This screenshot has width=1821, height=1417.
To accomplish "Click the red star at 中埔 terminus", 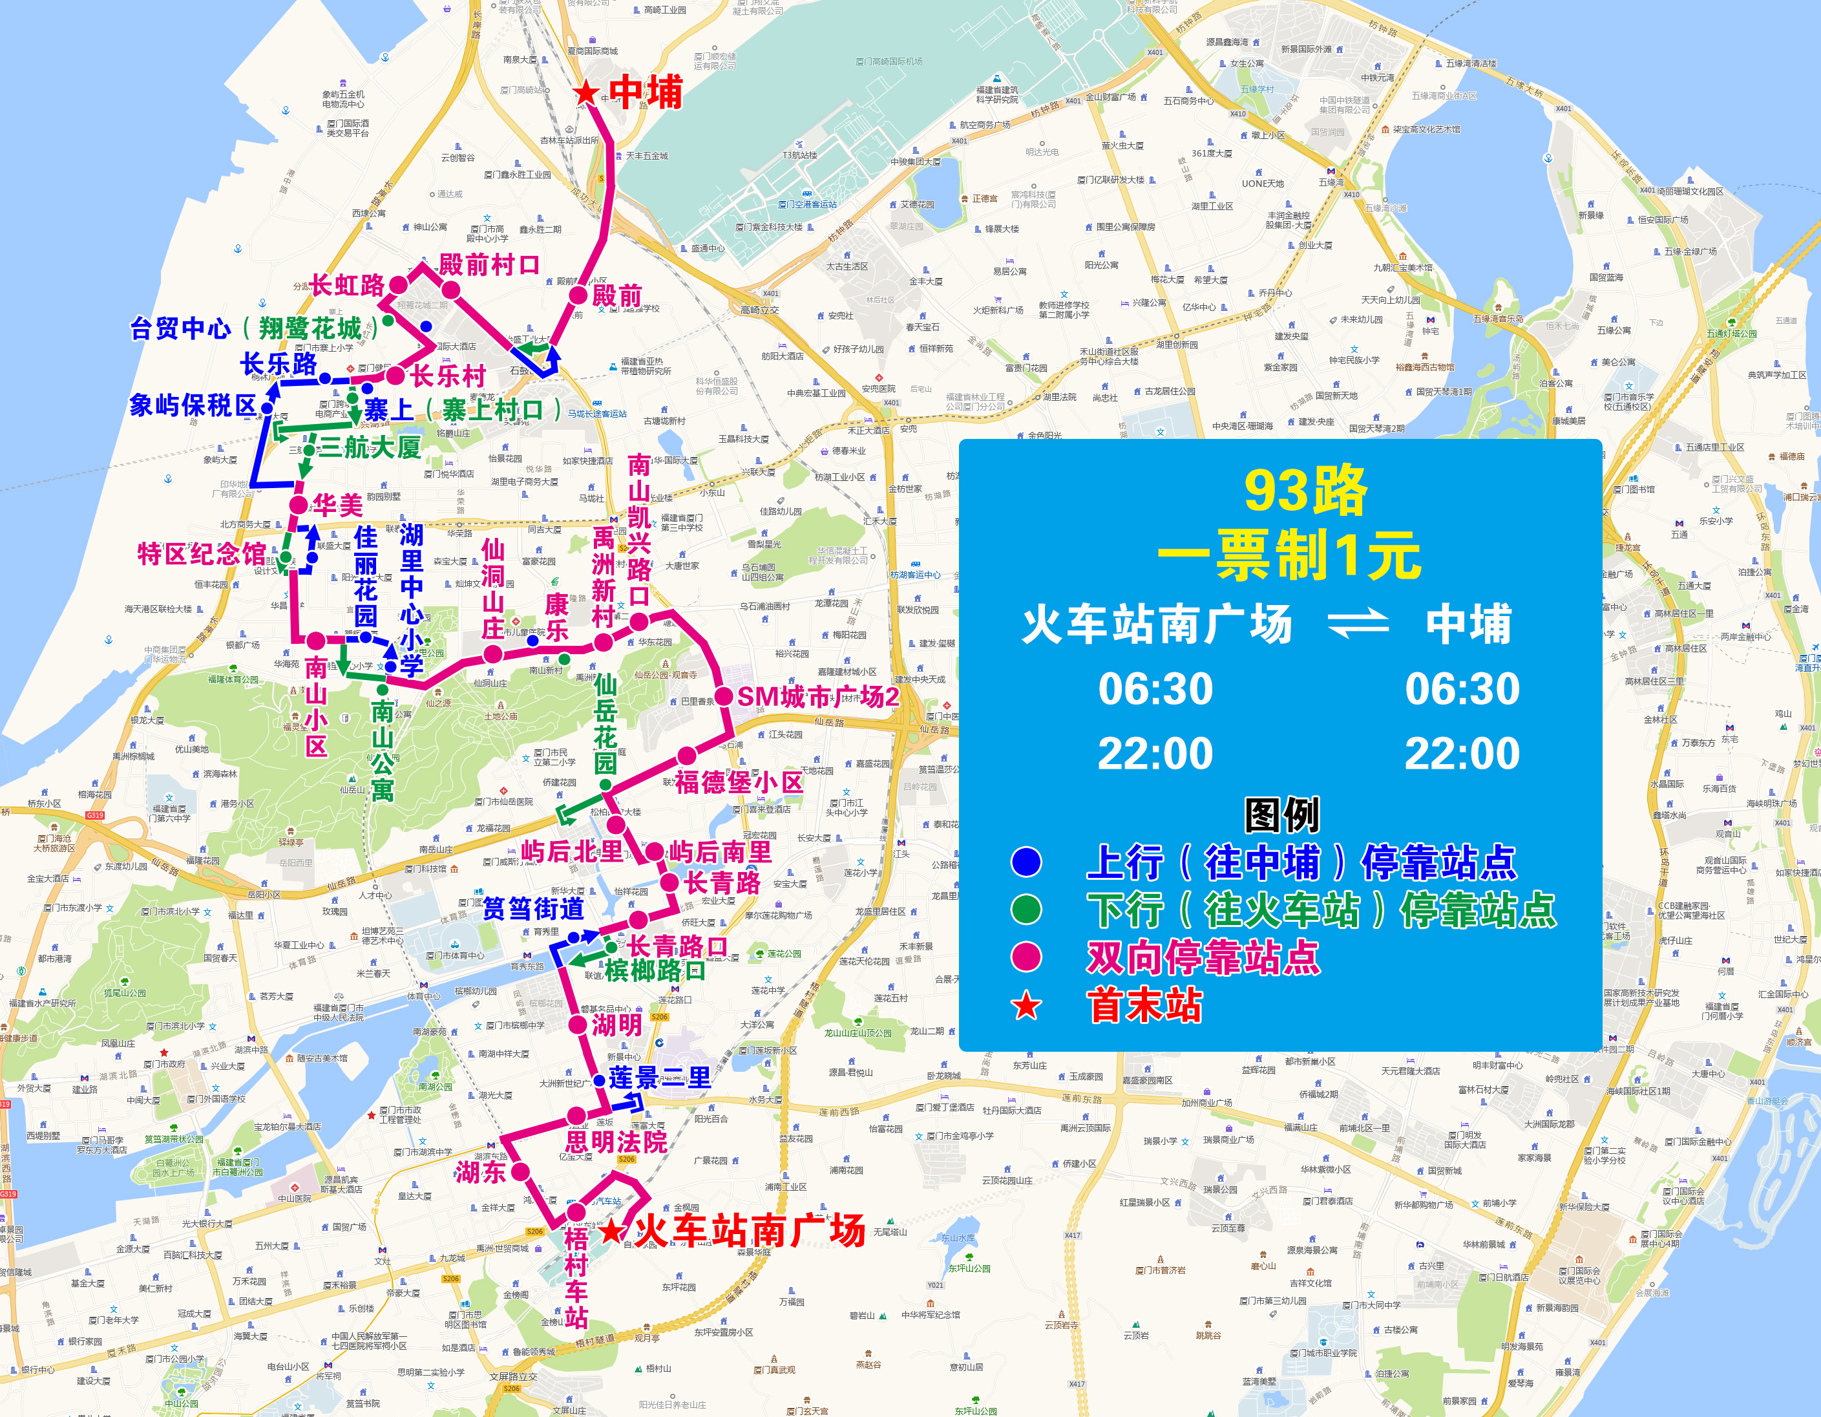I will click(586, 92).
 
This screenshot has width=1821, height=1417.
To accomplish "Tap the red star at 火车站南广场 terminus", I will click(613, 1230).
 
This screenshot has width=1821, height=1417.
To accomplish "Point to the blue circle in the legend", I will click(1026, 862).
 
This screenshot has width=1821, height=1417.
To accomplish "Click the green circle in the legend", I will click(1026, 909).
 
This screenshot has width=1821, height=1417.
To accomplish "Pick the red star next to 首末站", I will click(1026, 1006).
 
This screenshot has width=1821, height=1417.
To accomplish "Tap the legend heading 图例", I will click(1281, 815).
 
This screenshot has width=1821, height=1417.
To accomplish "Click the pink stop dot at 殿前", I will click(578, 294).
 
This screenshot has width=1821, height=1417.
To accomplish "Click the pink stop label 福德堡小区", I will click(739, 782).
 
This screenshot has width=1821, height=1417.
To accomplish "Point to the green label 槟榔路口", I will click(655, 970).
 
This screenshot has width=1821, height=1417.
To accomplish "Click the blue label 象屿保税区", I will click(193, 405).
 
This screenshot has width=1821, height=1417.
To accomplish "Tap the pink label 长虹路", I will click(348, 285).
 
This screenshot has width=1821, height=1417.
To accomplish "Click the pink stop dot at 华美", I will click(299, 505).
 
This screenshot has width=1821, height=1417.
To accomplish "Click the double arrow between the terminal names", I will click(1358, 624).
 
